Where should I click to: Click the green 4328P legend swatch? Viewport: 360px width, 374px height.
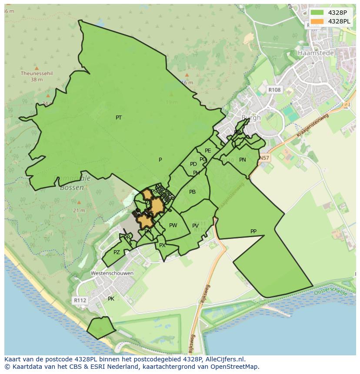tap(317, 12)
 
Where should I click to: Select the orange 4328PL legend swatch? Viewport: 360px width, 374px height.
tap(317, 21)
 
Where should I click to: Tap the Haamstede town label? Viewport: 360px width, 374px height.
tap(316, 53)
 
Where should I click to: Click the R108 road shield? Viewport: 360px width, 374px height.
tap(274, 89)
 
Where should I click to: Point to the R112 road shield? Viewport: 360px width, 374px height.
tap(80, 300)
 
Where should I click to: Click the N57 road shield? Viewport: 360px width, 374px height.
tap(264, 158)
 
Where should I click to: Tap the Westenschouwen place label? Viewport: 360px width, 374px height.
tap(112, 273)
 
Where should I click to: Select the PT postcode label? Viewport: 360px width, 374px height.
tap(119, 118)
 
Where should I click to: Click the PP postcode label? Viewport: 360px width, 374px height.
tap(253, 232)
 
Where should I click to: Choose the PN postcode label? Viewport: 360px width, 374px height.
tap(243, 160)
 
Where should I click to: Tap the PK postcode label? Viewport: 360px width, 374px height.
tap(111, 299)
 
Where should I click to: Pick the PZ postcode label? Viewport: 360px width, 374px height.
tap(117, 252)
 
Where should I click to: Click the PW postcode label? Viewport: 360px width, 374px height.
tap(173, 225)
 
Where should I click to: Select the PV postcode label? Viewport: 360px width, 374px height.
tap(195, 226)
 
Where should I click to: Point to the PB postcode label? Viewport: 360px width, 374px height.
tap(192, 192)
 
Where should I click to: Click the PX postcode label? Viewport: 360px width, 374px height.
tap(162, 245)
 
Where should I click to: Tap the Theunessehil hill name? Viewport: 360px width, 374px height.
tap(37, 73)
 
